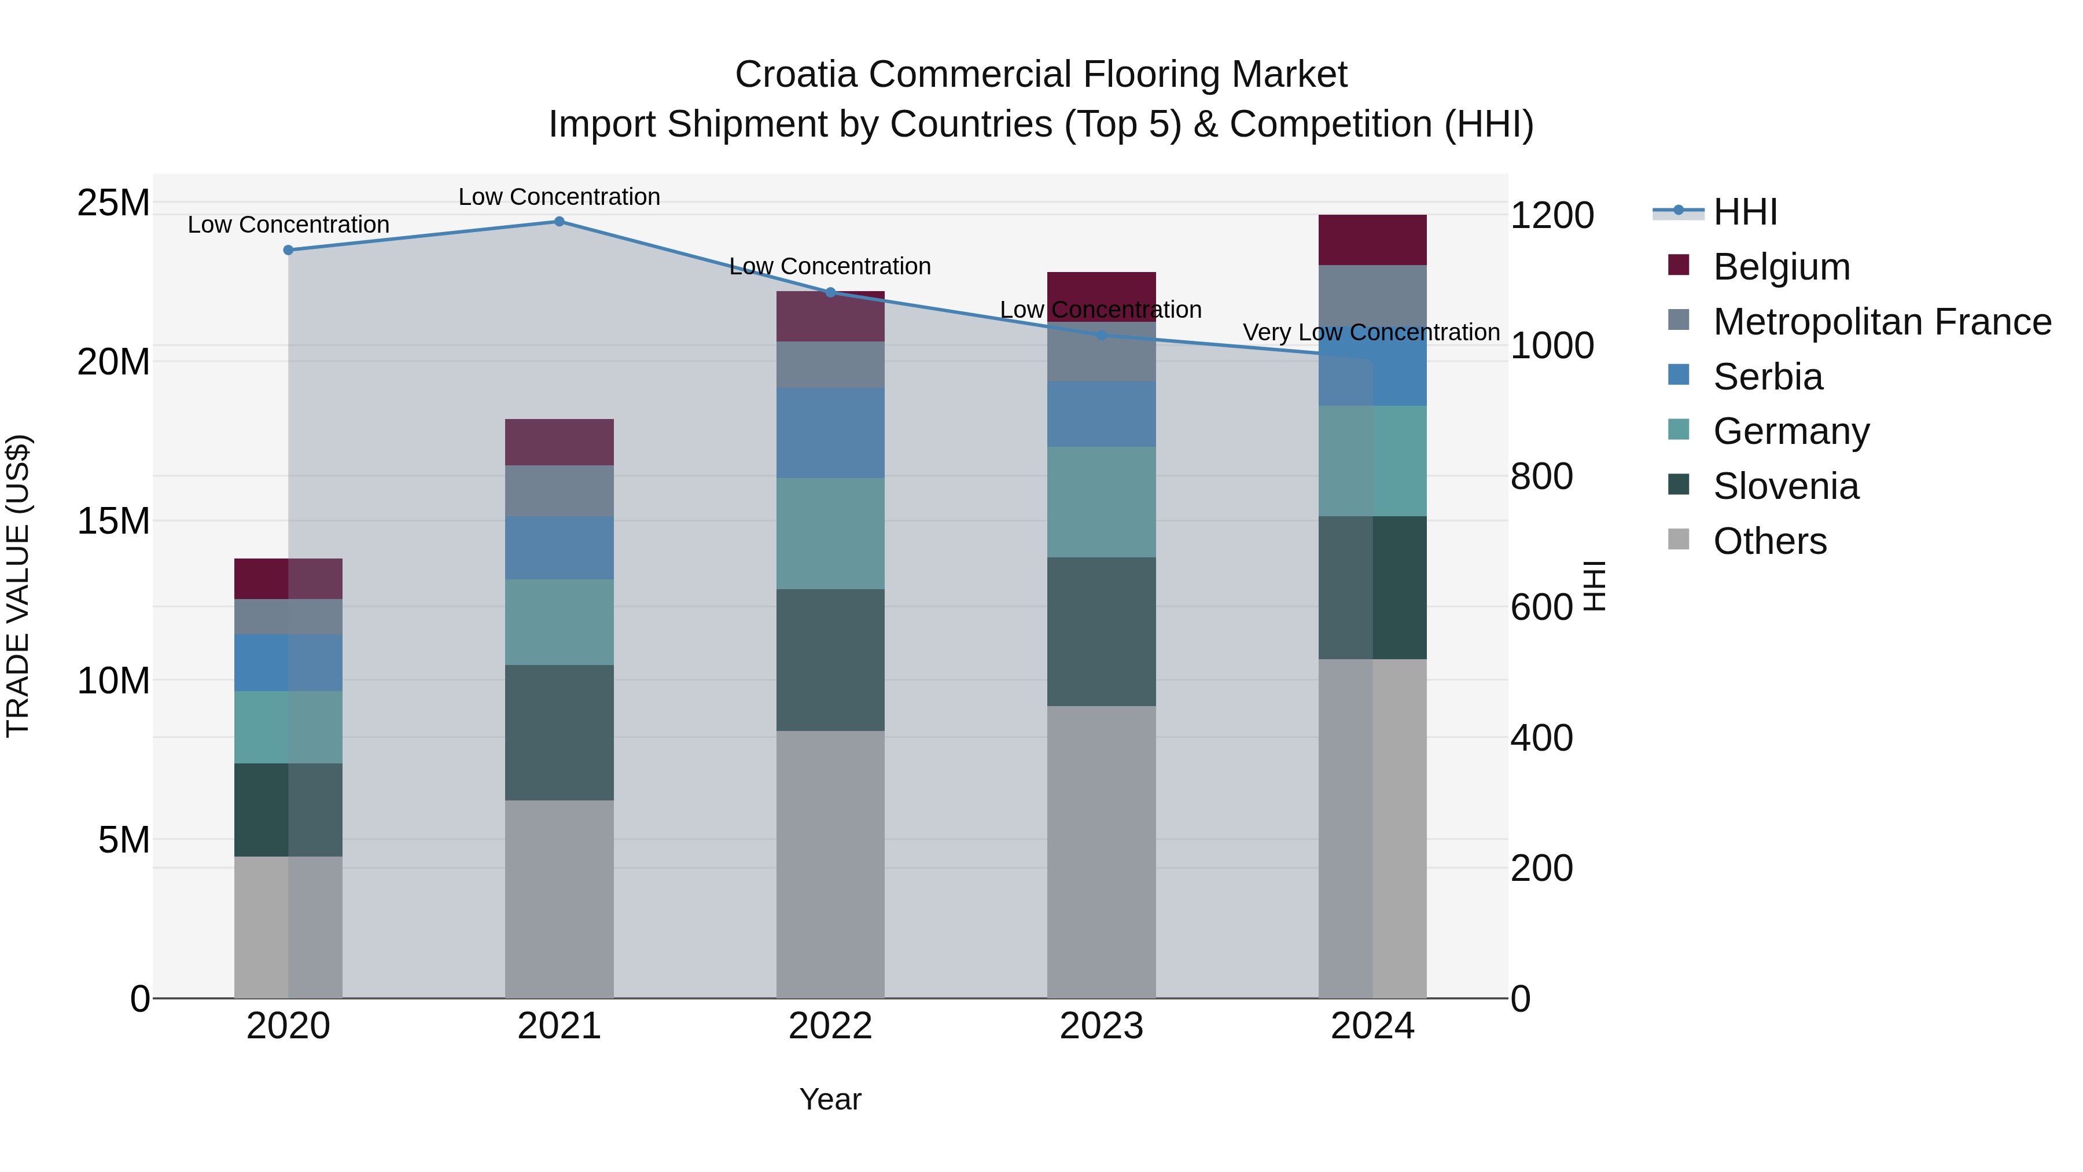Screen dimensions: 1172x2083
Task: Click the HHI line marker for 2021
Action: click(x=559, y=222)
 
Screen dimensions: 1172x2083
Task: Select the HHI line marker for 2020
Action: click(x=288, y=250)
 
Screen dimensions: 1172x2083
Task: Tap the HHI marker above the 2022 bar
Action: click(x=830, y=292)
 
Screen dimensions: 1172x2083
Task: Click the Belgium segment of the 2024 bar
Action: click(x=1372, y=240)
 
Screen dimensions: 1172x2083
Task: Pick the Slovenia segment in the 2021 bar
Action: click(x=559, y=732)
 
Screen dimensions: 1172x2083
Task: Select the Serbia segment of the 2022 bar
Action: click(x=830, y=433)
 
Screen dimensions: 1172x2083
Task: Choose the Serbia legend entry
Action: click(x=1768, y=377)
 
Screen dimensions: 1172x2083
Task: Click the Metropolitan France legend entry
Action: click(x=1882, y=322)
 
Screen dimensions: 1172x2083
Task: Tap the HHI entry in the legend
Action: click(x=1745, y=212)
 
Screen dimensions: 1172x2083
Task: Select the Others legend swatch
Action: click(x=1679, y=539)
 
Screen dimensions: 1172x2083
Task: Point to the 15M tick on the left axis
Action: click(x=113, y=521)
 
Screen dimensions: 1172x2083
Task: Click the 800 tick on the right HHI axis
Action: click(x=1541, y=476)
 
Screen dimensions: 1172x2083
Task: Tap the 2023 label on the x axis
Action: click(x=1101, y=1026)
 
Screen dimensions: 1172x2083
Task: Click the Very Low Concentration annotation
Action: click(x=1371, y=332)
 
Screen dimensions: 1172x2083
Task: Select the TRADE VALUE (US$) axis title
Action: click(x=18, y=586)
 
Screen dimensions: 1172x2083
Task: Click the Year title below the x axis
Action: click(x=830, y=1099)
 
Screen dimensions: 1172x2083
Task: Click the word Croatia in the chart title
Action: click(x=796, y=75)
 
